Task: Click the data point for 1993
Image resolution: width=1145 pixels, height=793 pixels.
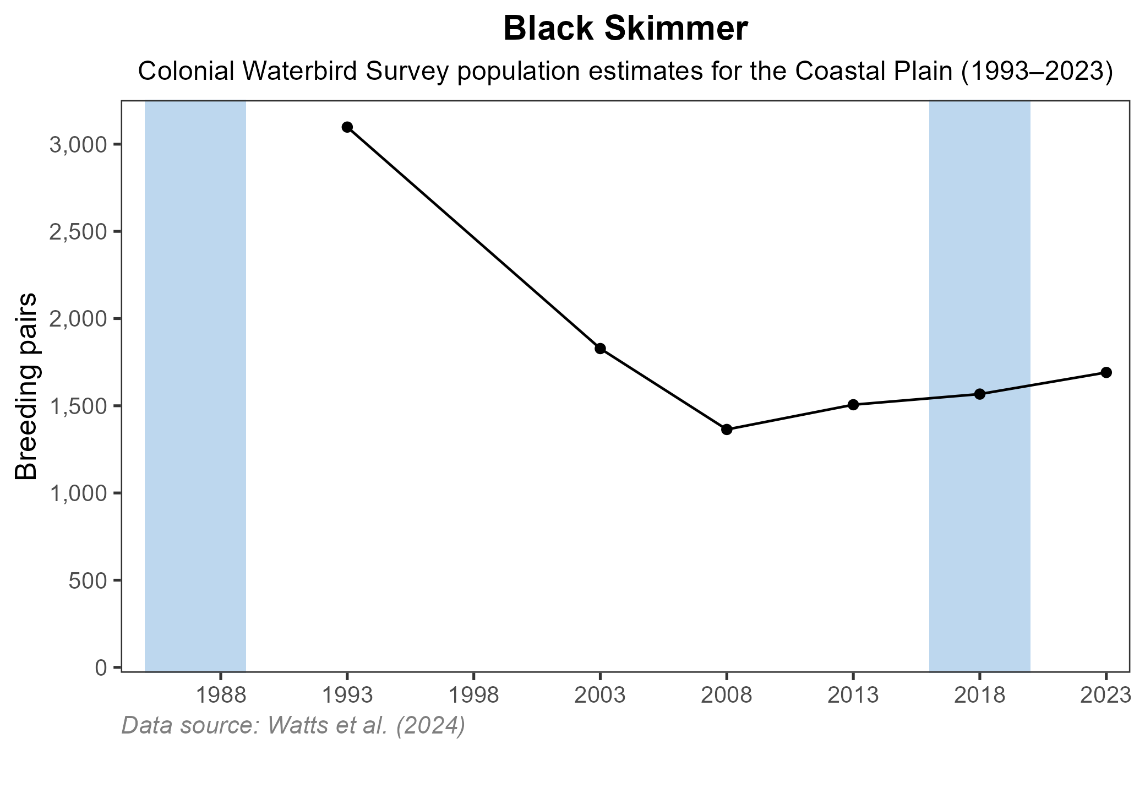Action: tap(347, 127)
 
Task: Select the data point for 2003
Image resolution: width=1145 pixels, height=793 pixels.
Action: tap(600, 349)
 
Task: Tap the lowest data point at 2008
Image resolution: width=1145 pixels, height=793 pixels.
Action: tap(727, 430)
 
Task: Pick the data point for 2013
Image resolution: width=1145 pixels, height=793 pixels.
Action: tap(853, 405)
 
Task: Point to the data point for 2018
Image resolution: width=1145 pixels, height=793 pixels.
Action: tap(980, 394)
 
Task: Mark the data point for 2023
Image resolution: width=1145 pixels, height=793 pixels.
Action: tap(1106, 372)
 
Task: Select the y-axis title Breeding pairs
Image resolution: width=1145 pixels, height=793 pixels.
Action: tap(26, 385)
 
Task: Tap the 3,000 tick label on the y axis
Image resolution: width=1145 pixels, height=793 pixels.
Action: tap(77, 145)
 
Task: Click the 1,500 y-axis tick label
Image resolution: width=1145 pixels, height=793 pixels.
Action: tap(77, 406)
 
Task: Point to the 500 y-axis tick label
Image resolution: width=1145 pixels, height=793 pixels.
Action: tap(87, 580)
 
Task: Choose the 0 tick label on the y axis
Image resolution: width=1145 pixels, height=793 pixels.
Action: tap(101, 668)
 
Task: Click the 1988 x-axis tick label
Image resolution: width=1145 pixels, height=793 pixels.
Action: tap(220, 696)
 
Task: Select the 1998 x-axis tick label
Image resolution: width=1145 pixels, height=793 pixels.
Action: tap(473, 696)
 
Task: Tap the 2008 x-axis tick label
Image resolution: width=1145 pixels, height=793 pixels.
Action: tap(727, 696)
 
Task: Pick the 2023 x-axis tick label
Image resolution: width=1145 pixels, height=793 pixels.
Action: tap(1105, 696)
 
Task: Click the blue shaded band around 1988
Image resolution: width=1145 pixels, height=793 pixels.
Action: tap(195, 385)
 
